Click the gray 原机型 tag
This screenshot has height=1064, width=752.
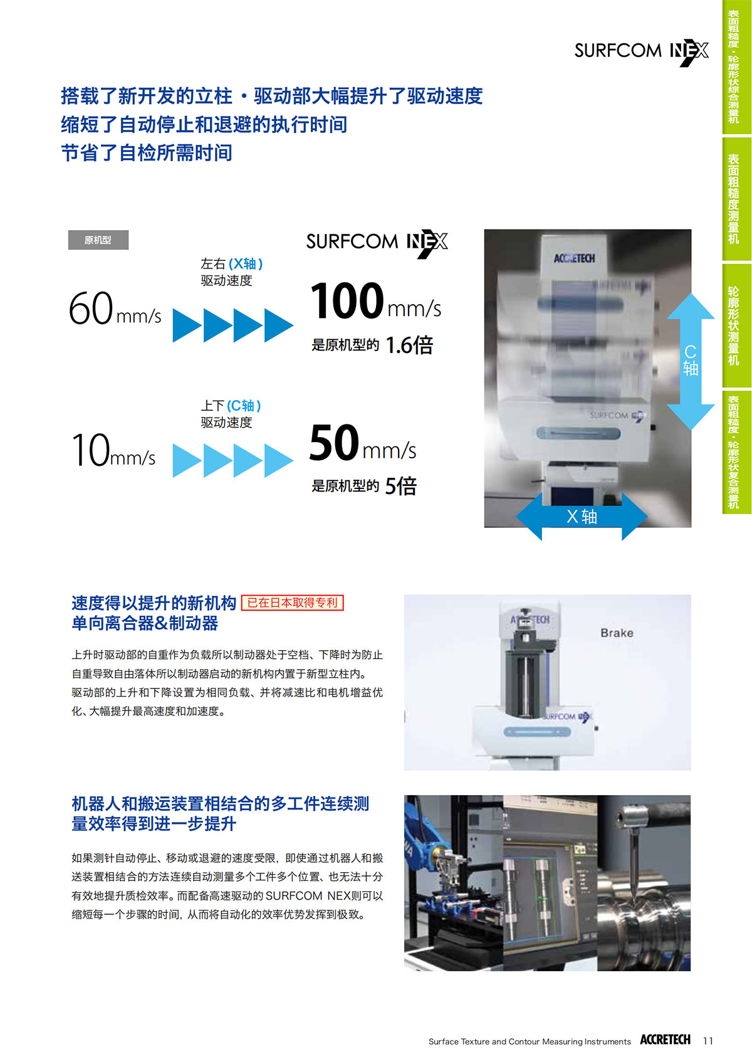click(98, 240)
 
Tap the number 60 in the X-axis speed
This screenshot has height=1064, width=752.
click(91, 308)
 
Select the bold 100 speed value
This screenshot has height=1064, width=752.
click(347, 300)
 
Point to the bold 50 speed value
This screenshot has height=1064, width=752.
click(334, 442)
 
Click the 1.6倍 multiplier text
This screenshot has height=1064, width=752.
click(409, 345)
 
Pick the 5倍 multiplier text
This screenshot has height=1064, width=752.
click(400, 487)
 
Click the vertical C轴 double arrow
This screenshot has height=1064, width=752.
click(691, 362)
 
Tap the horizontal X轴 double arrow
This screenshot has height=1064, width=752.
click(582, 516)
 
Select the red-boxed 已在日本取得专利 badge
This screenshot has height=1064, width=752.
click(293, 603)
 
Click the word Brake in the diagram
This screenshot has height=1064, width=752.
click(617, 633)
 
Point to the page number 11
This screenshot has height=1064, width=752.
click(708, 1041)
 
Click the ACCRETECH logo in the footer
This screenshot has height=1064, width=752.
click(665, 1040)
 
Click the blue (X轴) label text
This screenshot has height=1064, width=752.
click(246, 263)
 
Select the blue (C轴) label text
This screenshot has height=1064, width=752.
click(244, 406)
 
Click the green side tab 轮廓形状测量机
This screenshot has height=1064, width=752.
click(733, 325)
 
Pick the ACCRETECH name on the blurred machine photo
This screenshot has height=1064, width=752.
click(574, 258)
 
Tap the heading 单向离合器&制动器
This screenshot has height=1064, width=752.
click(145, 623)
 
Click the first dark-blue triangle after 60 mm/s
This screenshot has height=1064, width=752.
click(187, 325)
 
